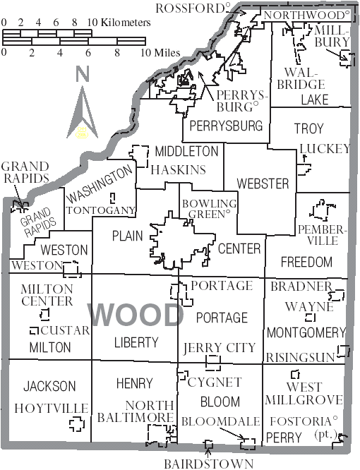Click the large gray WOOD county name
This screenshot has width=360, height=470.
pyautogui.click(x=136, y=314)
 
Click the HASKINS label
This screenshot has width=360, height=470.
pyautogui.click(x=180, y=170)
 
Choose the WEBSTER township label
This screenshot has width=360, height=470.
pyautogui.click(x=263, y=183)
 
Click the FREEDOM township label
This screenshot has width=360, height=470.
pyautogui.click(x=306, y=262)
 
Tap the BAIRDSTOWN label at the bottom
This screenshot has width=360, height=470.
pyautogui.click(x=208, y=464)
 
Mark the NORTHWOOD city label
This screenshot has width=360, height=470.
pyautogui.click(x=306, y=14)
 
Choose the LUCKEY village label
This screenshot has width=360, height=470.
pyautogui.click(x=325, y=149)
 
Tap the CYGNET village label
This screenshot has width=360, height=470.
pyautogui.click(x=215, y=382)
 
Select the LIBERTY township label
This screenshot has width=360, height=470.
pyautogui.click(x=136, y=342)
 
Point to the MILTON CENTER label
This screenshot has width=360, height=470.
pyautogui.click(x=47, y=295)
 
